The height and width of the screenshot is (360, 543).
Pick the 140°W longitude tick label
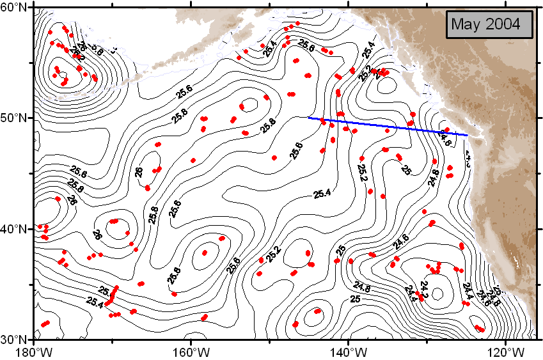pos(348,352)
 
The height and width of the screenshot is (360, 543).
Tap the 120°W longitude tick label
pos(505,352)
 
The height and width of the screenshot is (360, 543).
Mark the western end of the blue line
pos(309,118)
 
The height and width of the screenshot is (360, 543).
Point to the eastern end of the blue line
pos(468,135)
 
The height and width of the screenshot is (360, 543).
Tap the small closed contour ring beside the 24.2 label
pos(438,293)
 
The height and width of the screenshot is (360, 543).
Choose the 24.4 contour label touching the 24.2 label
pos(411,291)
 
